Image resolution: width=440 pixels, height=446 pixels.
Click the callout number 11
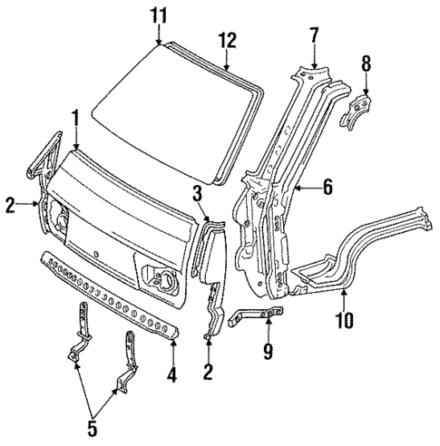pyautogui.click(x=160, y=15)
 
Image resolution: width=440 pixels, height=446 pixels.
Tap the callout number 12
pyautogui.click(x=227, y=39)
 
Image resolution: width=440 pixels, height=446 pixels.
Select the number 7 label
pyautogui.click(x=314, y=35)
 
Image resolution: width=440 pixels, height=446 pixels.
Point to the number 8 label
pyautogui.click(x=367, y=63)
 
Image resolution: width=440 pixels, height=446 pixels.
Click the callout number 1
pyautogui.click(x=76, y=116)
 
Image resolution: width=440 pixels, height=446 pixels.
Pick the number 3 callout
pyautogui.click(x=197, y=190)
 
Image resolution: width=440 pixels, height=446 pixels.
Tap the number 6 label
pyautogui.click(x=328, y=188)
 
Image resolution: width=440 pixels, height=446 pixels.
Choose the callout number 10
pyautogui.click(x=345, y=318)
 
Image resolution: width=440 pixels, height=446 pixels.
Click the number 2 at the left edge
pyautogui.click(x=9, y=205)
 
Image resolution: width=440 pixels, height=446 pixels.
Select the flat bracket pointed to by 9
pyautogui.click(x=256, y=317)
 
